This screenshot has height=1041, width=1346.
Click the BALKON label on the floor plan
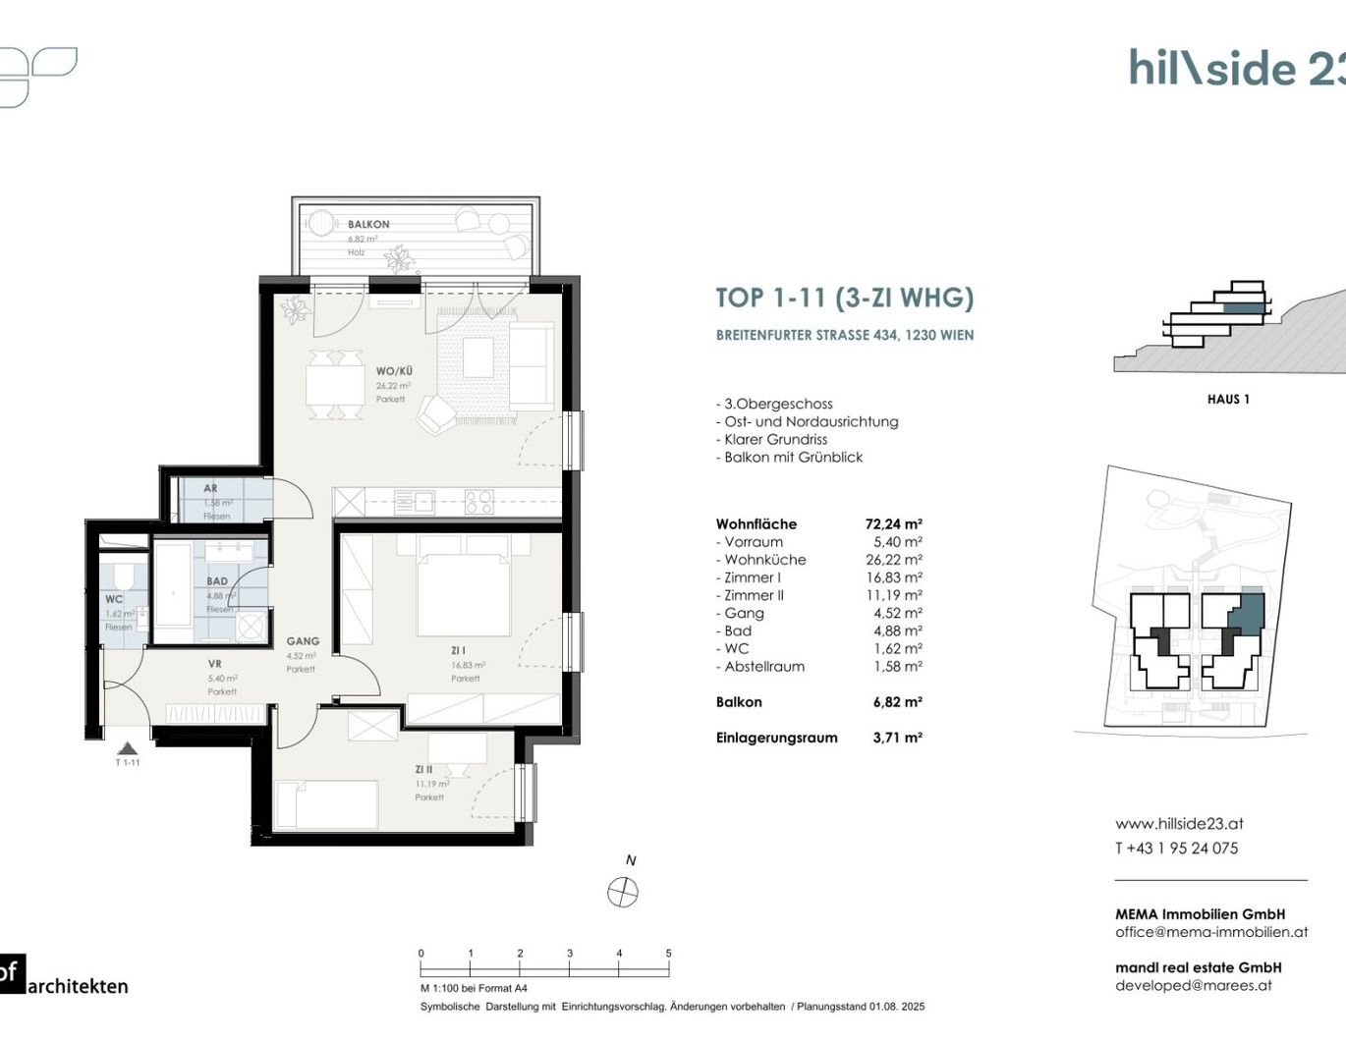point(368,224)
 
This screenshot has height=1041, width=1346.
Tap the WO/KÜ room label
point(394,371)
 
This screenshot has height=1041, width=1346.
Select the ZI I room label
point(459,650)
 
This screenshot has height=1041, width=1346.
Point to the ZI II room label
point(424,770)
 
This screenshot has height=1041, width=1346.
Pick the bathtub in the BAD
point(173,586)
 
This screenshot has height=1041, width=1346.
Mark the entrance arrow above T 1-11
point(126,747)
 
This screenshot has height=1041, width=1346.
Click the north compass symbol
point(623,892)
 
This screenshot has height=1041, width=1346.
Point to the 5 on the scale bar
point(668,954)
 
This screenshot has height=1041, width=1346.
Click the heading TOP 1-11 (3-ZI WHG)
point(844,298)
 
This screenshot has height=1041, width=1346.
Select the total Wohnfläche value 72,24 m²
point(893,524)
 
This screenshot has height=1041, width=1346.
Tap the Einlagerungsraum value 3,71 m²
point(897,738)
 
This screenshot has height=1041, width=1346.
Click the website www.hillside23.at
point(1179,824)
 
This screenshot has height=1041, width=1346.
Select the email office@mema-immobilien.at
point(1210,932)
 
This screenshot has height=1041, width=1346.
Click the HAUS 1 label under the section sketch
point(1228,399)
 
